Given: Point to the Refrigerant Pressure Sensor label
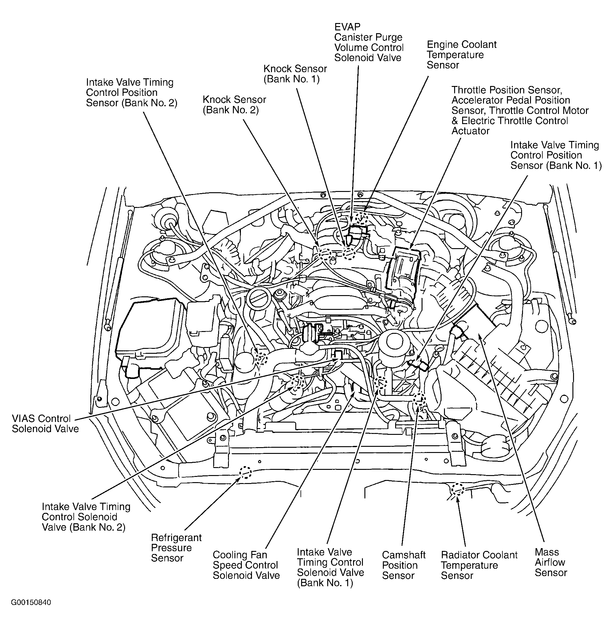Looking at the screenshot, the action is point(176,548).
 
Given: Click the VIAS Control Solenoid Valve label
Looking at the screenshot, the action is point(45,424).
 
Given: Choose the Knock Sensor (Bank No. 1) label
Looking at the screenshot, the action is point(295,74).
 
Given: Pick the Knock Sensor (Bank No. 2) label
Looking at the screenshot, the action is point(234,104).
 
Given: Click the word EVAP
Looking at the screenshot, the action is point(348,27).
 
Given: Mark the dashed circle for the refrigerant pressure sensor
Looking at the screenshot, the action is point(245,473).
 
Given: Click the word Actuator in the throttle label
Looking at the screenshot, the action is point(470,131).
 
